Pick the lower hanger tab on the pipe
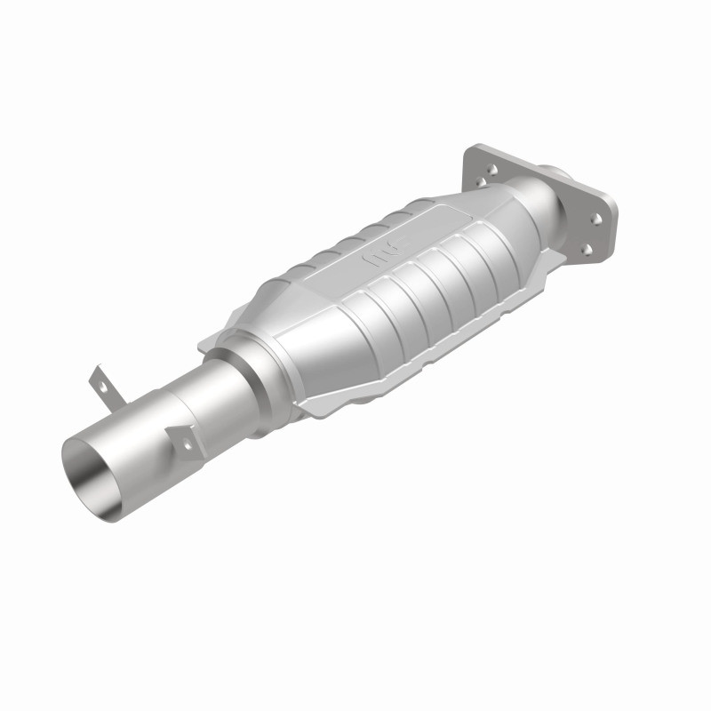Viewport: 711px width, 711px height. click(182, 437)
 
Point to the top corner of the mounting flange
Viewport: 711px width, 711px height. click(481, 143)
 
